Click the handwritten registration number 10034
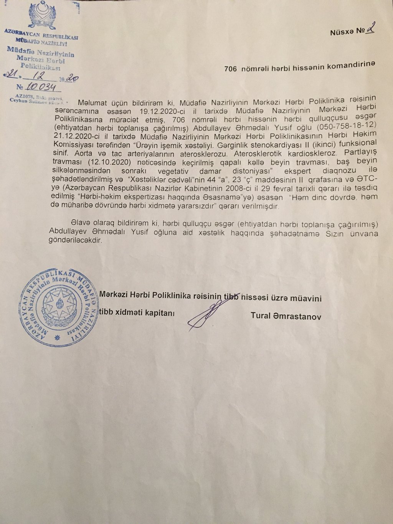(x=40, y=88)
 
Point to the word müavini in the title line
(x=307, y=298)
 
